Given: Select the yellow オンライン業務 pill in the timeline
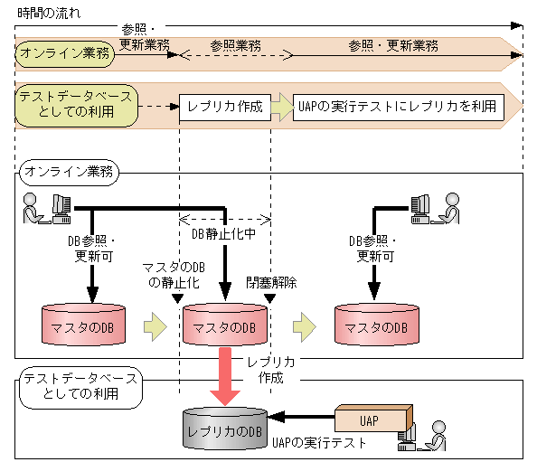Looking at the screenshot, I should [64, 53].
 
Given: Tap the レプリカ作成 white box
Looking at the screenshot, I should [225, 106].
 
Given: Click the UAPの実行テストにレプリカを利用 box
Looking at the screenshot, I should [398, 106].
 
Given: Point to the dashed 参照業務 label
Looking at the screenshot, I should [236, 45].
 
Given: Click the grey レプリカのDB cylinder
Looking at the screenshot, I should [225, 429].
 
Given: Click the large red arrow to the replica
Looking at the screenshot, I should [224, 379].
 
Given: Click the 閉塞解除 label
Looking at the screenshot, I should [271, 282].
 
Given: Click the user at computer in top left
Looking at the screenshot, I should [46, 209].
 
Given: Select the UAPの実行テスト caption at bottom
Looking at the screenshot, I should [325, 443].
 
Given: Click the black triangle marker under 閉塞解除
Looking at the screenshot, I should [268, 297].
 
